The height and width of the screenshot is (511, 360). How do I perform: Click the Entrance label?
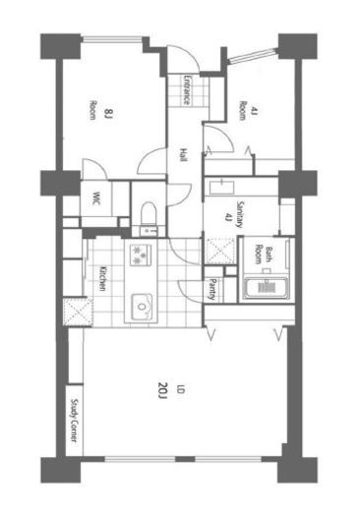186,90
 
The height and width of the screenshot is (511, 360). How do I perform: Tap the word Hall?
183,154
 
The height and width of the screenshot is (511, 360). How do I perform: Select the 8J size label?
108,113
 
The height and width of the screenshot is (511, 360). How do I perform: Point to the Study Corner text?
75,421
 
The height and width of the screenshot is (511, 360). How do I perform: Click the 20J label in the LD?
162,390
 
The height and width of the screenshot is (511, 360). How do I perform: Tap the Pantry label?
212,290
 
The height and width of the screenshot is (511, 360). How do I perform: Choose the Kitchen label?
102,278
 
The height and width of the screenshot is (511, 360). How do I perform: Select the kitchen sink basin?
142,307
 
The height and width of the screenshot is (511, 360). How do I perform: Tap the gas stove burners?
141,255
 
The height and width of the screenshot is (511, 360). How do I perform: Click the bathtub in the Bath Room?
266,288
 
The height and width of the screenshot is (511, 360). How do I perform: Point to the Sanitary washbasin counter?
222,186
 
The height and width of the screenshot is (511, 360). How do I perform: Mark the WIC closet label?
96,198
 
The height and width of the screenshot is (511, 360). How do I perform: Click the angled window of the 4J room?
252,56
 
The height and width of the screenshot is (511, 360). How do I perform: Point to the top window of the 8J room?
112,39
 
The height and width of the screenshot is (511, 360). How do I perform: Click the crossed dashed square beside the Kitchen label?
78,312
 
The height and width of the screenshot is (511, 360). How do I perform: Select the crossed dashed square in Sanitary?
220,252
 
